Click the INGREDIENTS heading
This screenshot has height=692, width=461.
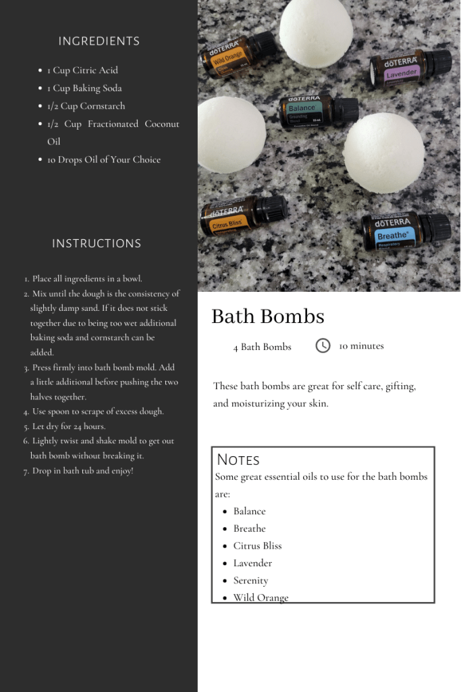[99, 41]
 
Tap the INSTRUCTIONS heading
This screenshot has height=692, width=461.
[97, 243]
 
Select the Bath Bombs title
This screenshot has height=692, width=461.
[267, 316]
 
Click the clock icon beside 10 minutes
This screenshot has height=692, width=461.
[323, 345]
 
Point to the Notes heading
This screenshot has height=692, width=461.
[238, 460]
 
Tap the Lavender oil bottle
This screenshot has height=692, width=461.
[409, 69]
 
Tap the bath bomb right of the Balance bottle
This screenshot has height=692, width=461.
[383, 153]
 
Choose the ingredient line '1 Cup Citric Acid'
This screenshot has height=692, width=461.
[82, 70]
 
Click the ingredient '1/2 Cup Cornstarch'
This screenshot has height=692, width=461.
[86, 106]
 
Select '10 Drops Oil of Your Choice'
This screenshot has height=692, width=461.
[104, 160]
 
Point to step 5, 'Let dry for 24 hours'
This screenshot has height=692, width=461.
[69, 426]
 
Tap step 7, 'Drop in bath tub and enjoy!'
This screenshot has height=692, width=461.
[82, 471]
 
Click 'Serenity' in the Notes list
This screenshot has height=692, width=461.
[250, 580]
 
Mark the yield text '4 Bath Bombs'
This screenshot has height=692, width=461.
[262, 347]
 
